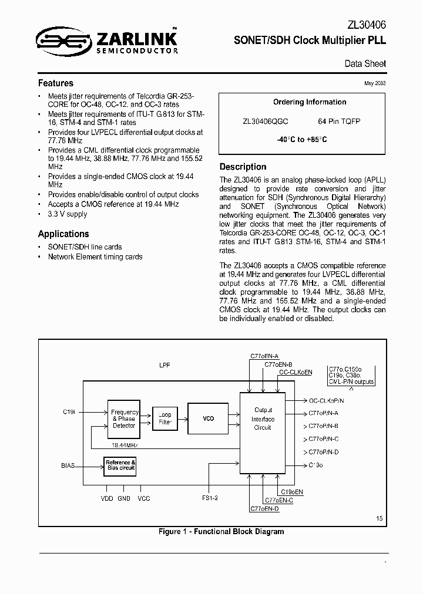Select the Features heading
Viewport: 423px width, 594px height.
tap(56, 83)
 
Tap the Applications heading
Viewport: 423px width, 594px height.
tap(63, 234)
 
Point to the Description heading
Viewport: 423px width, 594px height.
tap(243, 167)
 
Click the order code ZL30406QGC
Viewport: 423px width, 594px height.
tap(265, 122)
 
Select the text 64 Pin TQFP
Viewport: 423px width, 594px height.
tap(339, 122)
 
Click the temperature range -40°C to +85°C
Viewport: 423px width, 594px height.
tap(302, 140)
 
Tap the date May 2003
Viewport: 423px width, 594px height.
tap(375, 83)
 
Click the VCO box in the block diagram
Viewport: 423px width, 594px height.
tap(208, 419)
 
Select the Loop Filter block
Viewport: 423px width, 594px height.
tap(164, 419)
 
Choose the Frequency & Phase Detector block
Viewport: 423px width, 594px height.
tap(123, 419)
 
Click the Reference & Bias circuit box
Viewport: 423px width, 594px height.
tap(120, 465)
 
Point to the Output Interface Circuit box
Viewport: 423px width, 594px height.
tap(263, 419)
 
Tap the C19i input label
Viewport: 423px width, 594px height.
tap(69, 413)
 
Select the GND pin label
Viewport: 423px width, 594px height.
tap(124, 498)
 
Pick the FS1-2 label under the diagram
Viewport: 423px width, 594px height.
tap(210, 498)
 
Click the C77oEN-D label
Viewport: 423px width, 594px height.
tap(264, 508)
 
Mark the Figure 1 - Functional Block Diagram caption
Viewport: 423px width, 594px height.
tap(221, 532)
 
